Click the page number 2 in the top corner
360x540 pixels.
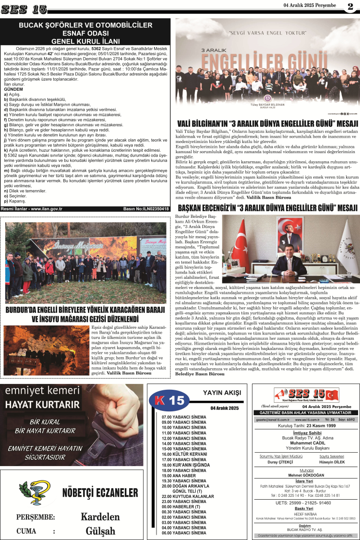click(x=350, y=7)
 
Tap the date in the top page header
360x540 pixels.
click(x=309, y=5)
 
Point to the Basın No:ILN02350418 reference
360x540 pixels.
click(x=146, y=209)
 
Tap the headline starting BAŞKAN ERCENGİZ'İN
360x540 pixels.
click(x=267, y=207)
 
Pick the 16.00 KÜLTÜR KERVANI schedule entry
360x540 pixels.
click(x=179, y=454)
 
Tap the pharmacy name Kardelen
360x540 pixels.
click(x=100, y=516)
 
